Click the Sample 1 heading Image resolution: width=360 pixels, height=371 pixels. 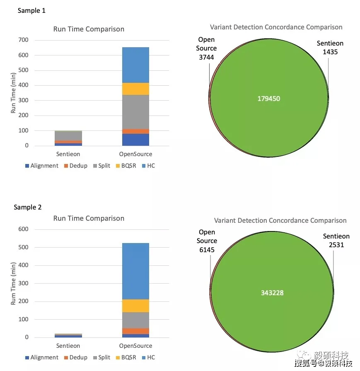(x=31, y=11)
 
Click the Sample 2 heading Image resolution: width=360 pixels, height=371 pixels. (x=28, y=207)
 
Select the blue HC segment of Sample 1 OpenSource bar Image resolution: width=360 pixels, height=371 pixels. (x=135, y=65)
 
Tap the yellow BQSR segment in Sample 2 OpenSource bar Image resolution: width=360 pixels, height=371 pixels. (x=135, y=306)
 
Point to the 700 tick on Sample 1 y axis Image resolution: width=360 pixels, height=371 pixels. (x=23, y=40)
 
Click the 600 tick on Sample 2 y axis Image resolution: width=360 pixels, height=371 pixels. (x=23, y=229)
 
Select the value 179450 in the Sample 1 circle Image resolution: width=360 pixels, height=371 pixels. (x=269, y=99)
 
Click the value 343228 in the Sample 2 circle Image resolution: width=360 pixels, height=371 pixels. (x=272, y=293)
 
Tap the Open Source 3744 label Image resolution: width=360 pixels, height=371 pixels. (x=206, y=48)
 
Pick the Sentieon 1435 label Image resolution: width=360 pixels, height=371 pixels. (x=330, y=48)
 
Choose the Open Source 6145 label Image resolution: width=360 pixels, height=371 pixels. (x=207, y=241)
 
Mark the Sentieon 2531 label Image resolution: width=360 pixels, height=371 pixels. (x=336, y=241)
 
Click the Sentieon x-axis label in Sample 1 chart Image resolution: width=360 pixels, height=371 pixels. (x=68, y=154)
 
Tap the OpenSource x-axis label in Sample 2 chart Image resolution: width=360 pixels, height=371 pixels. (x=135, y=346)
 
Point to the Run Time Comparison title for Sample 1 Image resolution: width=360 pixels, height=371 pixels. (x=89, y=29)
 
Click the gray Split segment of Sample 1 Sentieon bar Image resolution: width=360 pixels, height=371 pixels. (x=68, y=136)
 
